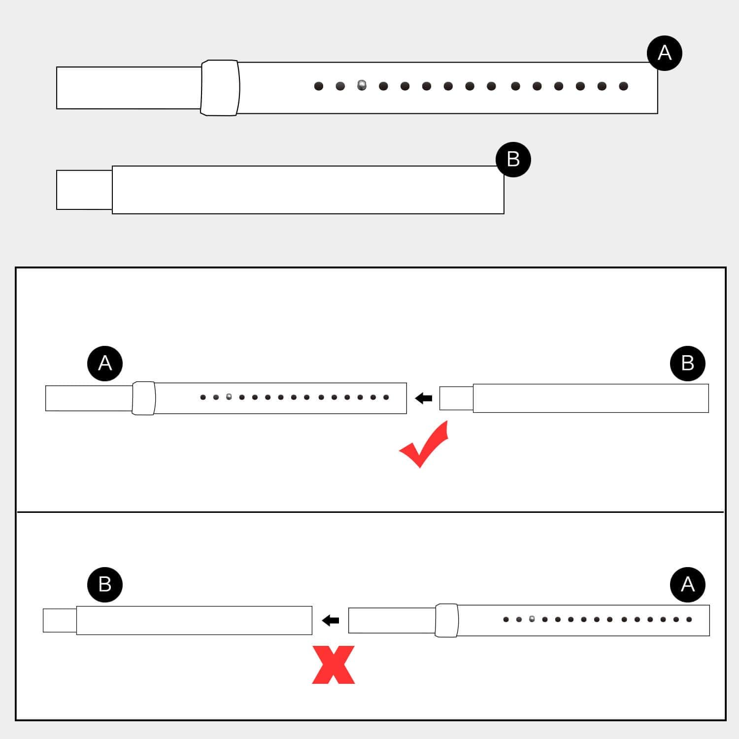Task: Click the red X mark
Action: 334,665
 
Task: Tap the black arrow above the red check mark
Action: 424,398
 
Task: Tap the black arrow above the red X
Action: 331,620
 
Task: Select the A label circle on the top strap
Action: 665,53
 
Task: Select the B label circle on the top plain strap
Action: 513,159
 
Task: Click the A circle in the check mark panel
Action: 105,364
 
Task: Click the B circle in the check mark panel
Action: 688,364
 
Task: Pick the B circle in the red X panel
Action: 105,584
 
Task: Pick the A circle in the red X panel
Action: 688,584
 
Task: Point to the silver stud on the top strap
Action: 362,85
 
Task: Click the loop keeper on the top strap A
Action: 220,88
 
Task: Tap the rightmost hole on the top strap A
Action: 624,86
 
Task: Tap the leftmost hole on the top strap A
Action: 319,86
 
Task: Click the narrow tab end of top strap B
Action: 84,190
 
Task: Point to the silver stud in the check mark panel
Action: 229,396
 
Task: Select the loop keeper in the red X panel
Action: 447,620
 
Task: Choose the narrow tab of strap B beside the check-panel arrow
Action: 456,398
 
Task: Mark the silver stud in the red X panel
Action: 532,618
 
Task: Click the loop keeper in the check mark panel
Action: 144,398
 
